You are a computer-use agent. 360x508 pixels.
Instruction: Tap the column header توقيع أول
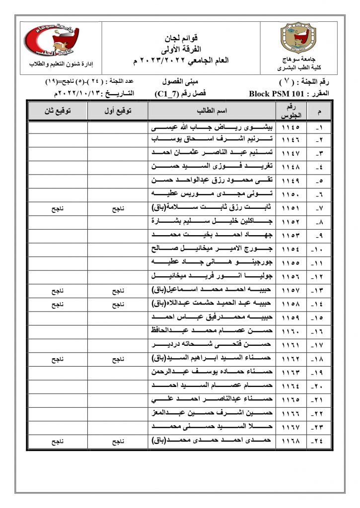(x=118, y=111)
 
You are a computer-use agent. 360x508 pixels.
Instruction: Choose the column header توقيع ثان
(x=57, y=111)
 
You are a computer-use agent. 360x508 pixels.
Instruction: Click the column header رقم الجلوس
(x=289, y=111)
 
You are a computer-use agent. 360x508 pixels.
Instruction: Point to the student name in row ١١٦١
(x=212, y=343)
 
